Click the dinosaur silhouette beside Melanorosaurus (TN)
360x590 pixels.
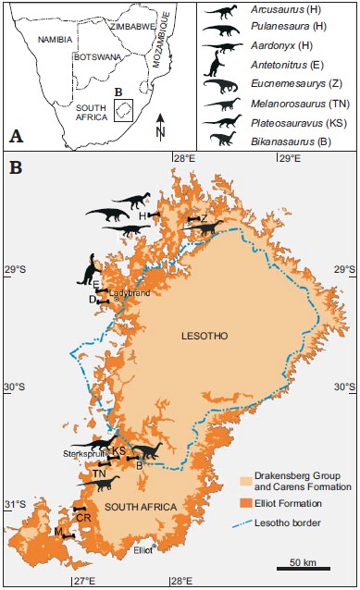pyautogui.click(x=223, y=105)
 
